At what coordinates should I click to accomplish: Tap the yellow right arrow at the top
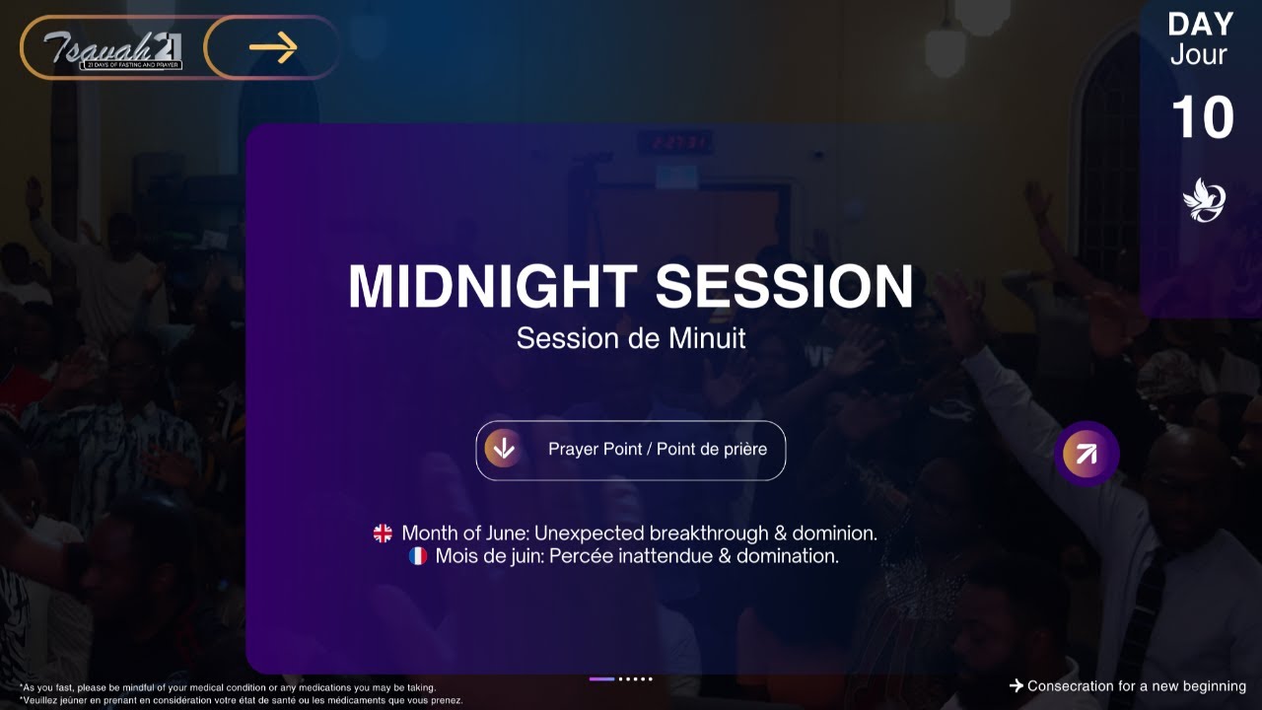(273, 47)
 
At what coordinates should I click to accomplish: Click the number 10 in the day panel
(1203, 118)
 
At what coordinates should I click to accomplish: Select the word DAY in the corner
(1201, 25)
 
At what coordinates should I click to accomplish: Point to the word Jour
(1199, 55)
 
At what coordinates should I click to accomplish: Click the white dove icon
(1204, 200)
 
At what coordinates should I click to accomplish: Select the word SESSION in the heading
(784, 286)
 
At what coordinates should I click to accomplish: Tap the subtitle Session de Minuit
(631, 338)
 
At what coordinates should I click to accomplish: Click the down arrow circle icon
(504, 449)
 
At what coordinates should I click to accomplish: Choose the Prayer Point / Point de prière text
(658, 450)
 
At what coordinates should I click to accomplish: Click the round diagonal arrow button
(1086, 454)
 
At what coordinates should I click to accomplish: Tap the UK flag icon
(383, 533)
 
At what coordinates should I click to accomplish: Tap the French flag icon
(418, 556)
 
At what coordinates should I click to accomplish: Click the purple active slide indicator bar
(601, 678)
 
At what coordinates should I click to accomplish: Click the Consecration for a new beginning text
(1136, 686)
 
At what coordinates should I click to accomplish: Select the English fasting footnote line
(228, 687)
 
